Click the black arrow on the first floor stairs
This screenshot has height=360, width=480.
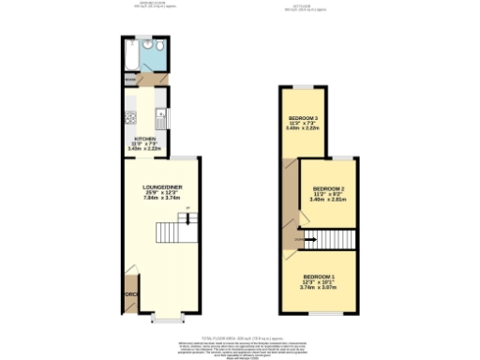point(309,240)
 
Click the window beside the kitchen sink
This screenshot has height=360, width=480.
point(170,117)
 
